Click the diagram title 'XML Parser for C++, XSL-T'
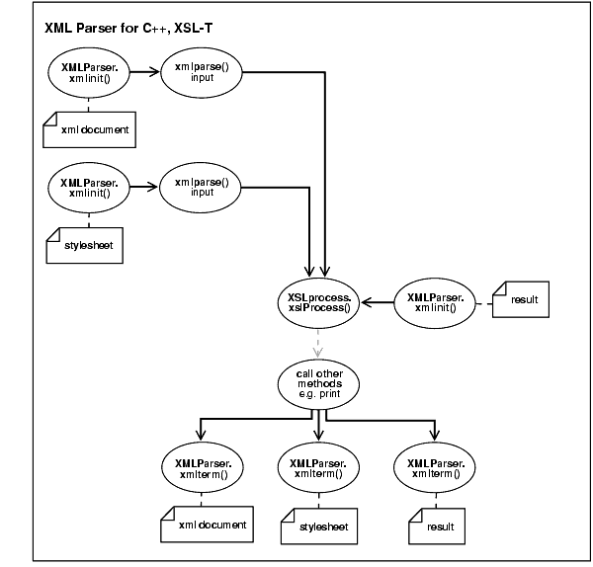128,30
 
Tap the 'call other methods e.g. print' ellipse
318,382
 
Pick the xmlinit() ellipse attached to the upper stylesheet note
88,189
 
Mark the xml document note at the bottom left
204,525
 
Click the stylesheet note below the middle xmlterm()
318,526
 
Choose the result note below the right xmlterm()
435,526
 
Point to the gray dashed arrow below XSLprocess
318,343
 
